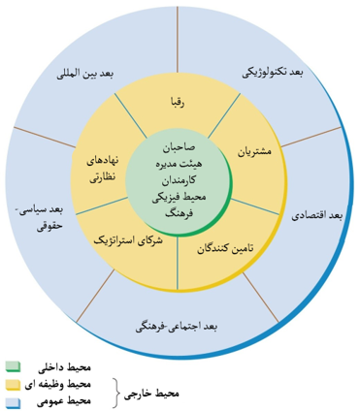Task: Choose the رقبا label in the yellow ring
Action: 181,101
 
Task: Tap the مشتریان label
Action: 253,151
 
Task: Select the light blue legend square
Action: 13,399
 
